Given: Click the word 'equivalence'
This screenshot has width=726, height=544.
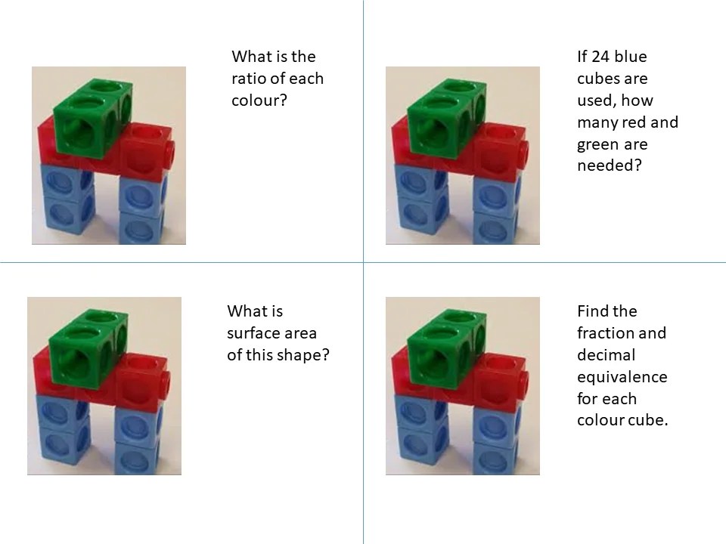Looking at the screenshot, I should (622, 377).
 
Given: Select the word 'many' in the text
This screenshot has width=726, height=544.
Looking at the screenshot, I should (597, 122).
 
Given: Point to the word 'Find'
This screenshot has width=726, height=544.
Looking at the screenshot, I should (591, 311).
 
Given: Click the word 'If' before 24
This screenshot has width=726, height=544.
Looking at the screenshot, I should (582, 57).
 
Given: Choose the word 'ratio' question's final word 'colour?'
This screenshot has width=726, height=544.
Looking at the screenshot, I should (259, 100).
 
